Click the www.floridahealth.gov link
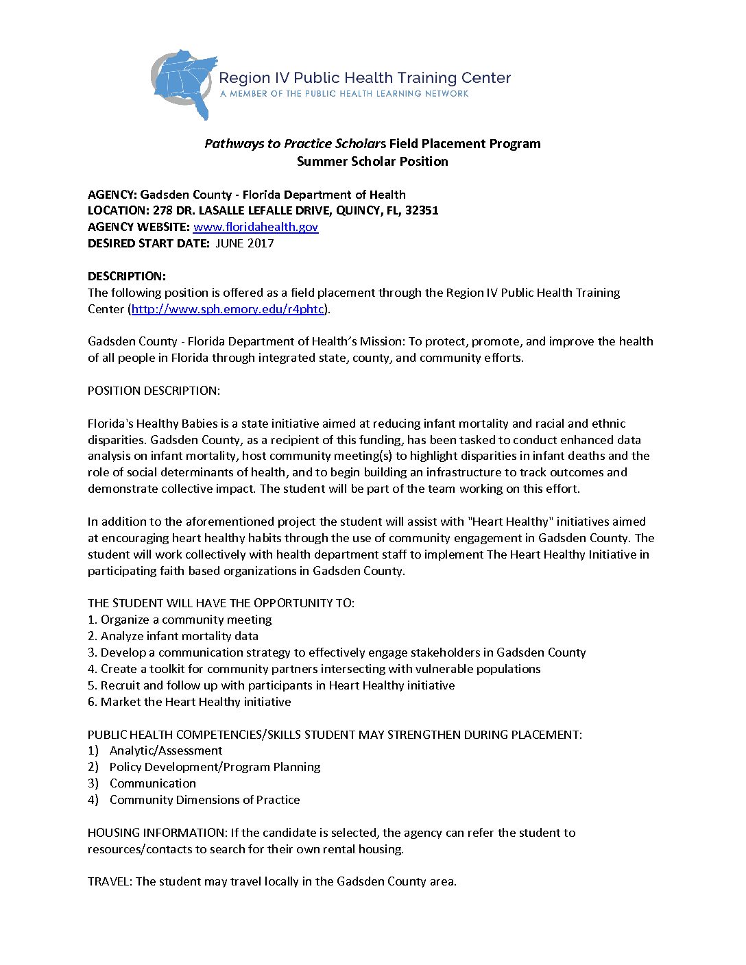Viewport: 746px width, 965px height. tap(255, 227)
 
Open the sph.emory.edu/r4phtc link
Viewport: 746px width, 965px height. tap(227, 309)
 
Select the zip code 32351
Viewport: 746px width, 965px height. tap(422, 210)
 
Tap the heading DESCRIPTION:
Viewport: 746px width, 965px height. tap(127, 276)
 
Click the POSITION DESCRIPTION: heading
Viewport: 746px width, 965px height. tap(154, 391)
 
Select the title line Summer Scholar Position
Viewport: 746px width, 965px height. tap(372, 162)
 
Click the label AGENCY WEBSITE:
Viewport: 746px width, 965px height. tap(139, 227)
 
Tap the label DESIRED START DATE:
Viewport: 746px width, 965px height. tap(149, 243)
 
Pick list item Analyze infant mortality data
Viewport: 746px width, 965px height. tap(180, 636)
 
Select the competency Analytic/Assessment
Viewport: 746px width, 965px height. tap(166, 750)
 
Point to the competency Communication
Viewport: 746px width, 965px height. tap(153, 783)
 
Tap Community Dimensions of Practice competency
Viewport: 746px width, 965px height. tap(204, 800)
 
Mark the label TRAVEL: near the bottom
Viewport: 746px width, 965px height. tap(110, 881)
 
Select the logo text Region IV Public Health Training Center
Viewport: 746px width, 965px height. tap(365, 78)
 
